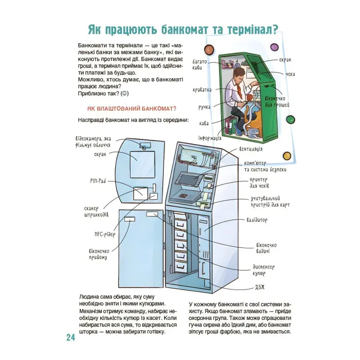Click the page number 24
click(70, 337)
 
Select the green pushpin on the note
click(291, 120)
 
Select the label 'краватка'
click(202, 89)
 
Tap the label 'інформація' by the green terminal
click(210, 138)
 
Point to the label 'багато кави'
click(200, 65)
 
